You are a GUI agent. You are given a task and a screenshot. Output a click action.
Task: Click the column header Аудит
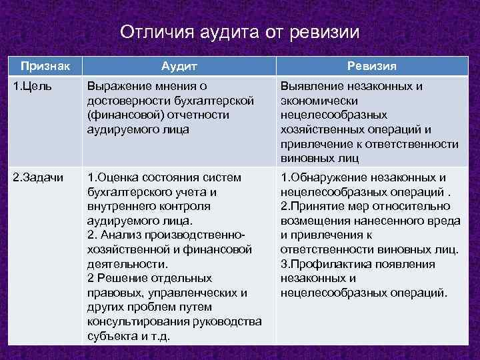178,66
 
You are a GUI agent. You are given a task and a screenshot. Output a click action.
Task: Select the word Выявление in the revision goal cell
311,87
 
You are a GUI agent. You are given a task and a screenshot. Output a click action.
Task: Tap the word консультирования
137,322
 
